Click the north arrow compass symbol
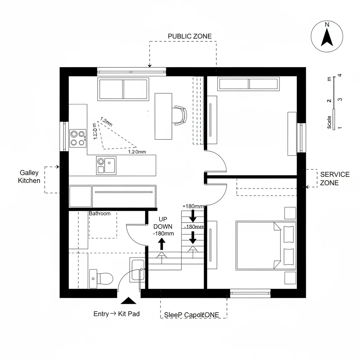point(327,36)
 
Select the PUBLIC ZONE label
point(189,36)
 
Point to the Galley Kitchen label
point(30,176)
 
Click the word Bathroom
point(99,213)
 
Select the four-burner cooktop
point(78,137)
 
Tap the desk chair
point(180,115)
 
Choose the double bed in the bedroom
point(266,245)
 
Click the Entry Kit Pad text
point(116,314)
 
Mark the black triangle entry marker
point(128,301)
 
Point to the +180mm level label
point(193,206)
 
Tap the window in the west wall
point(64,136)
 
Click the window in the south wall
point(250,293)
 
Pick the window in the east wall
point(301,138)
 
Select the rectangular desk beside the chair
point(163,116)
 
